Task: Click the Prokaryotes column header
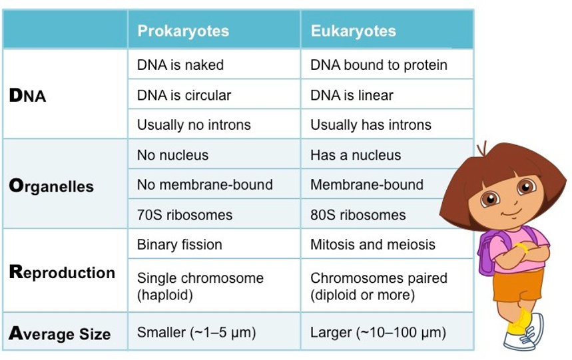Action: click(x=182, y=31)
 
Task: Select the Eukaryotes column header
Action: click(x=353, y=31)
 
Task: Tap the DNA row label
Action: click(x=28, y=95)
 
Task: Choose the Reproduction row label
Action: click(x=62, y=272)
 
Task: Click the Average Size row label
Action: click(x=60, y=333)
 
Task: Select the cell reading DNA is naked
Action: click(x=180, y=65)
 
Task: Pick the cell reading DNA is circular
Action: click(x=184, y=95)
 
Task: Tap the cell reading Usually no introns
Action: click(x=194, y=124)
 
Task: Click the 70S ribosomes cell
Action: click(x=184, y=215)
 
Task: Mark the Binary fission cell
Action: click(x=179, y=244)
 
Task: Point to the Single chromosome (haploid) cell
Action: click(x=200, y=285)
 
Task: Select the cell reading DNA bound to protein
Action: click(x=378, y=65)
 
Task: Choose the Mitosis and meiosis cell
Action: click(x=372, y=244)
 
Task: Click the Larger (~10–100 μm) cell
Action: click(x=378, y=333)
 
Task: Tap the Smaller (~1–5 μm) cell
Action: click(x=196, y=333)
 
